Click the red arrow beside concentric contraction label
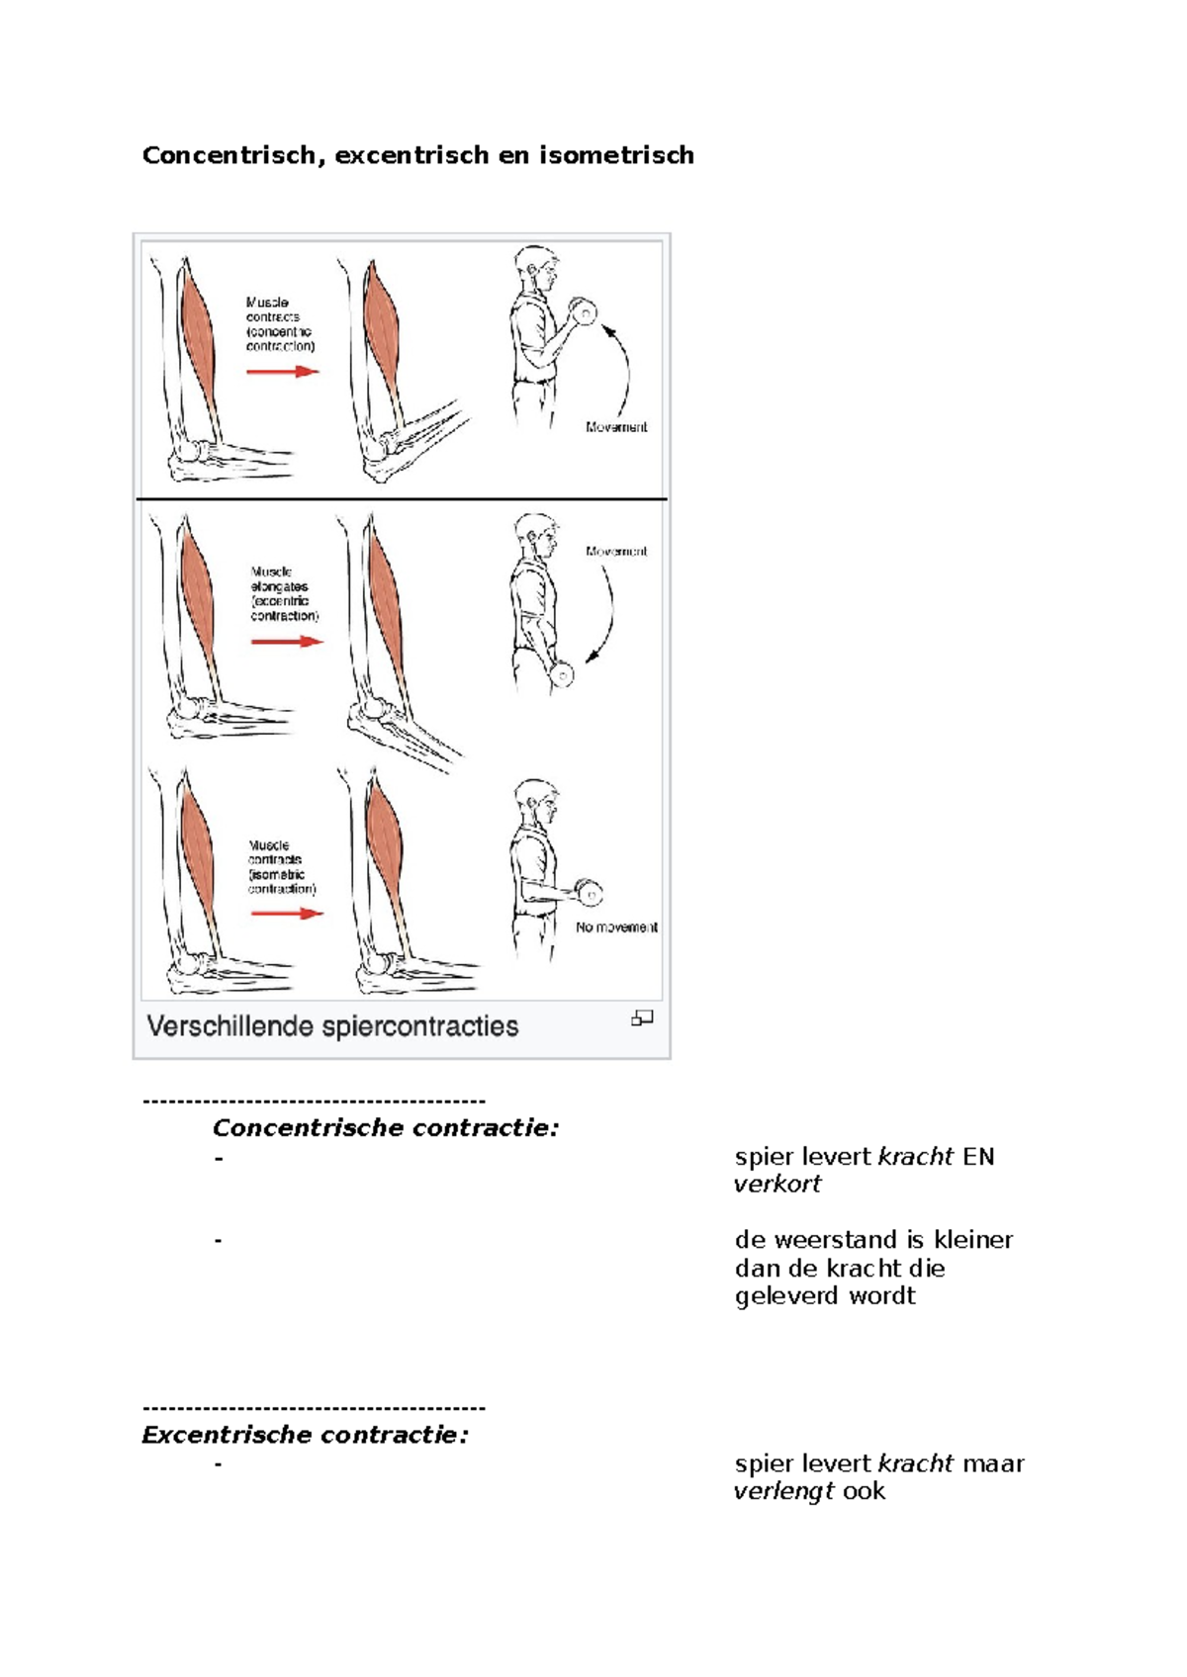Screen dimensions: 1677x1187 point(283,372)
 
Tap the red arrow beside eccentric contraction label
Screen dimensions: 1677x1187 point(287,642)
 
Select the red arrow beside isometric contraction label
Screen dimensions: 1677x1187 point(287,913)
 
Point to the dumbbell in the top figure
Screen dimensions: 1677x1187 point(585,312)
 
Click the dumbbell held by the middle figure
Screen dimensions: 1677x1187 point(562,676)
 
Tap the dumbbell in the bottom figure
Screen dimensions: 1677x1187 point(590,893)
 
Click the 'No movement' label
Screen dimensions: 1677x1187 point(616,927)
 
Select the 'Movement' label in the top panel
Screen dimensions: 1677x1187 point(616,427)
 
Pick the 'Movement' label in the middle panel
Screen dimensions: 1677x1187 point(616,552)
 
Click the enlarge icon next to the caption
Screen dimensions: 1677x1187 point(642,1018)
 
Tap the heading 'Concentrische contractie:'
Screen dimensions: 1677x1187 point(386,1128)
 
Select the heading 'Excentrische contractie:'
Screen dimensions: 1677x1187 point(305,1435)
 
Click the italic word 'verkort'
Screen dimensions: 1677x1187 point(777,1185)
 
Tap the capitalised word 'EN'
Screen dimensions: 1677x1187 point(977,1157)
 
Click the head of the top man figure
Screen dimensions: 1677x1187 point(535,268)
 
